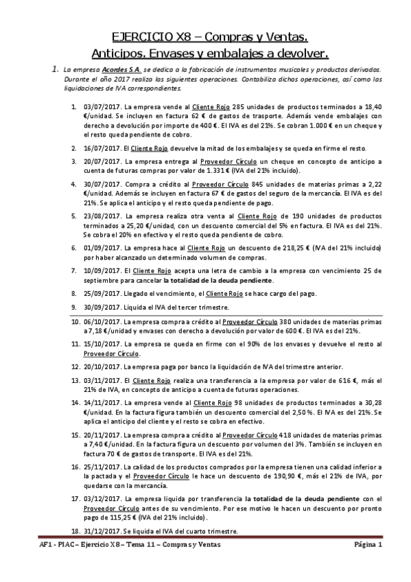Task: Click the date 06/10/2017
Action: coord(100,321)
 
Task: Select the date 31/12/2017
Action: coord(100,532)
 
